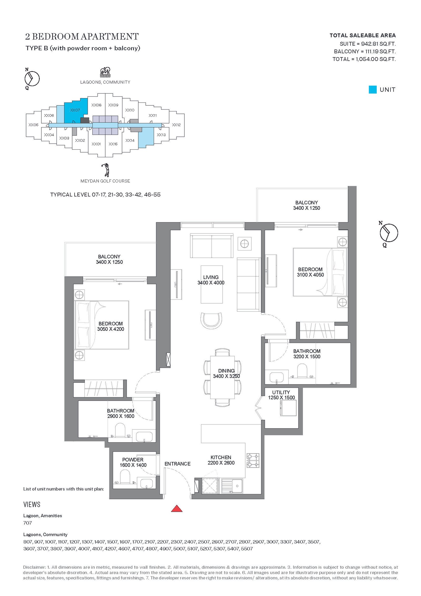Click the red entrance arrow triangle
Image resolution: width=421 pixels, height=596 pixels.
click(177, 509)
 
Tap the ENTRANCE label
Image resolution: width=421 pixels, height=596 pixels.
click(177, 464)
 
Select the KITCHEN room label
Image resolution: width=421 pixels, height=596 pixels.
click(221, 457)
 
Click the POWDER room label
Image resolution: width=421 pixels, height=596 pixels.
click(133, 460)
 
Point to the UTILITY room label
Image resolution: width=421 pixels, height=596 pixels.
click(281, 392)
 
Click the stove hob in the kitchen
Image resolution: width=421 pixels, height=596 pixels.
click(253, 461)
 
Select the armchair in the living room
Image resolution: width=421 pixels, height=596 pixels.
click(211, 320)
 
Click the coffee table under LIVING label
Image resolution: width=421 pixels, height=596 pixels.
click(212, 284)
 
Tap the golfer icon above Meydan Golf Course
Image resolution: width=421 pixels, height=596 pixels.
click(106, 170)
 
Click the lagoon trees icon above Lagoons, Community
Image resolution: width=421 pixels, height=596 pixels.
click(105, 72)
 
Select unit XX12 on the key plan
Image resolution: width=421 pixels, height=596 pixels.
click(176, 125)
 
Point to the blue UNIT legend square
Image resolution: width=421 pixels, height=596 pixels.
click(373, 90)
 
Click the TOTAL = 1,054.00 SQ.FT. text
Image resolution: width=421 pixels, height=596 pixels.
click(364, 59)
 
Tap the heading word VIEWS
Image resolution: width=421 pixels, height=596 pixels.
click(32, 504)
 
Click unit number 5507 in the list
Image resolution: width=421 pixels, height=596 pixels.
click(247, 549)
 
